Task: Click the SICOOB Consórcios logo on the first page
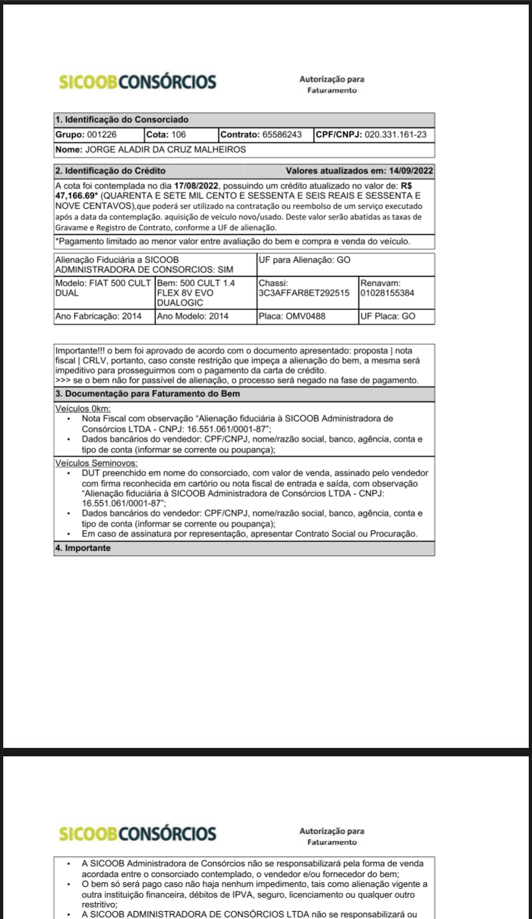(137, 82)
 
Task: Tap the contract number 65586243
(281, 135)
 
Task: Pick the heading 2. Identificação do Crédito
(111, 170)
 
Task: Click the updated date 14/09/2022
(411, 170)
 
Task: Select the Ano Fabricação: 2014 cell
(103, 316)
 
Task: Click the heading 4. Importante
(84, 548)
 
